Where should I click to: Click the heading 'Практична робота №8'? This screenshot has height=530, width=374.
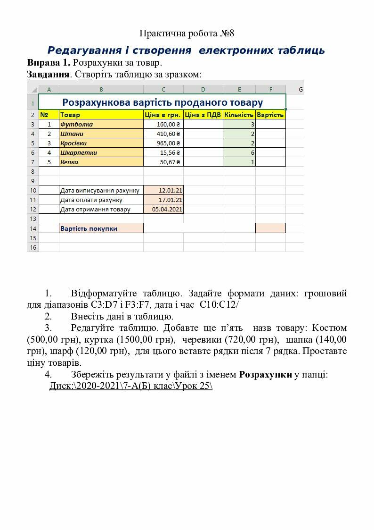(187, 34)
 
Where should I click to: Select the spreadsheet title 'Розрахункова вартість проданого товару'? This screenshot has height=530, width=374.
(163, 102)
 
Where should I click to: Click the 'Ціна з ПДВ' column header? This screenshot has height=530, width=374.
(203, 115)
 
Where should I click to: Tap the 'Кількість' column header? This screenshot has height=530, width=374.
(239, 115)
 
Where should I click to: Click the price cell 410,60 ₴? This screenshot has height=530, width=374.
(163, 134)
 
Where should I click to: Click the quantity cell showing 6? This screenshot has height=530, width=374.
(239, 152)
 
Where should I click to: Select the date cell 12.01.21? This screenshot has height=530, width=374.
(163, 190)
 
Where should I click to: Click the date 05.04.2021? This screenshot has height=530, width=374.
(163, 209)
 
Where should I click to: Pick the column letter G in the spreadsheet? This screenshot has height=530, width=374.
(301, 89)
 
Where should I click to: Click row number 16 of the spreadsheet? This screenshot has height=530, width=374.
(33, 247)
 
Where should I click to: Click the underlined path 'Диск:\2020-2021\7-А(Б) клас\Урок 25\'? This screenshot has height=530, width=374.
(131, 386)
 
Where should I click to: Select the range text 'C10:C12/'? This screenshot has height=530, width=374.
(219, 305)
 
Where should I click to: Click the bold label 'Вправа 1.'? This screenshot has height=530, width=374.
(49, 63)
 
